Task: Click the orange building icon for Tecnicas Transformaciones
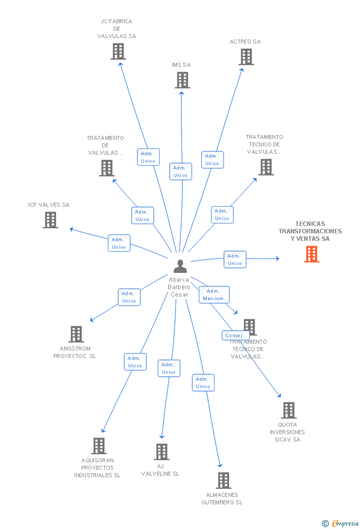(x=311, y=254)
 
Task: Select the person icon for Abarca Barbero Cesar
(x=180, y=266)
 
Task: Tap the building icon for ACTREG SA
(x=246, y=57)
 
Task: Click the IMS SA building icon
(x=182, y=80)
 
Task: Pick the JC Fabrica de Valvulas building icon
(x=118, y=51)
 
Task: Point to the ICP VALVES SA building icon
(x=50, y=220)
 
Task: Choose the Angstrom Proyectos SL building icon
(x=76, y=334)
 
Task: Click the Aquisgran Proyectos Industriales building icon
(x=98, y=446)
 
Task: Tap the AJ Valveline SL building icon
(x=161, y=452)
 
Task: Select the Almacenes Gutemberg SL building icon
(x=223, y=481)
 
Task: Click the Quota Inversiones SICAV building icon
(x=288, y=410)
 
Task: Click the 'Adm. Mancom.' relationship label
(x=214, y=295)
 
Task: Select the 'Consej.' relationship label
(x=234, y=335)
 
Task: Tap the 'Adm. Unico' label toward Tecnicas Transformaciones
(x=234, y=260)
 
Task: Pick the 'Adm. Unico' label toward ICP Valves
(x=119, y=243)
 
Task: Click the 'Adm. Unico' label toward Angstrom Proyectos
(x=129, y=297)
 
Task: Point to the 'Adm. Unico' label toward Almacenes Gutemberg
(x=203, y=383)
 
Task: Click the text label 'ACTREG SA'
(x=245, y=42)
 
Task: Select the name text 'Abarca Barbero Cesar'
(x=179, y=287)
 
